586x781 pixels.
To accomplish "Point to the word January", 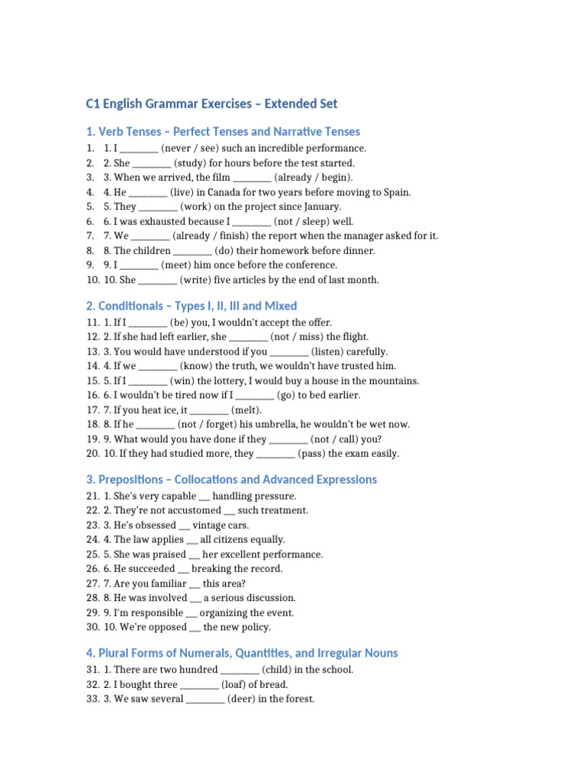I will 320,207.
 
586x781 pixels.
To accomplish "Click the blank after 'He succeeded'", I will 183,569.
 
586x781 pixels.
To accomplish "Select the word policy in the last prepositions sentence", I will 254,628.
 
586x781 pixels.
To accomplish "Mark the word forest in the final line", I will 298,699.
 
